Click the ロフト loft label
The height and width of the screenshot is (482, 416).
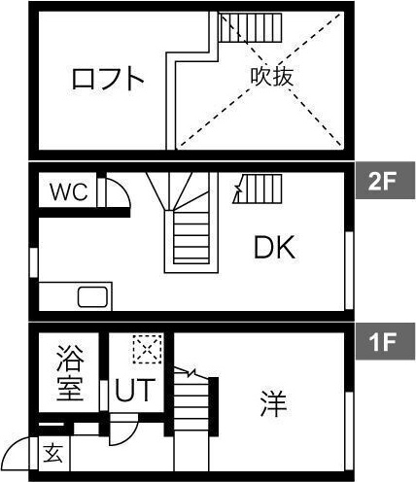[108, 79]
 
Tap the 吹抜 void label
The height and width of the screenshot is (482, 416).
[272, 77]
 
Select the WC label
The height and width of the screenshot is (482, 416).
[69, 191]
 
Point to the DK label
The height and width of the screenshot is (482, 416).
[274, 248]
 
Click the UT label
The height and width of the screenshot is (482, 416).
[133, 390]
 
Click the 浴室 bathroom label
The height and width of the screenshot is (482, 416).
[70, 373]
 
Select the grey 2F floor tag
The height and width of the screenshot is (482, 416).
[385, 180]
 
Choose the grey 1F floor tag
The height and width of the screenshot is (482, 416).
[385, 341]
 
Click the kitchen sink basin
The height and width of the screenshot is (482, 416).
[92, 297]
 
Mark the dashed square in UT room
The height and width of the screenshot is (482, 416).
[148, 349]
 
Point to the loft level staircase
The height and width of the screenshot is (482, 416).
[250, 27]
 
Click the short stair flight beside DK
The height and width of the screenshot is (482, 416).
[258, 189]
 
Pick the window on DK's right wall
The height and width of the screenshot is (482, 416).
[349, 270]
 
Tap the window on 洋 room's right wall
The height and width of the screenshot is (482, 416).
[349, 430]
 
